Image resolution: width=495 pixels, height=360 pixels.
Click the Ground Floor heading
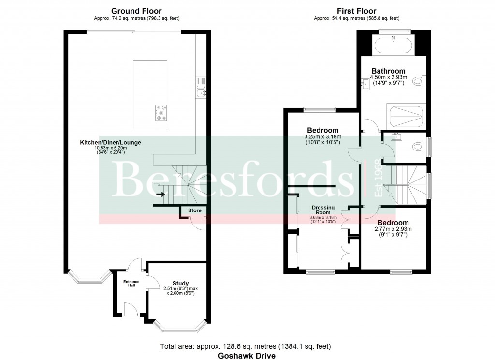[x=136, y=11]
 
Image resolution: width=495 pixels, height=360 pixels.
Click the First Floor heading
[x=356, y=11]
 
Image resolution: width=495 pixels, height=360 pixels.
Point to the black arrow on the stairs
[x=160, y=195]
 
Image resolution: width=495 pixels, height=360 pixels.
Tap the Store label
[x=194, y=210]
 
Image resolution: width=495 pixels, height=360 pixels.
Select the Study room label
[x=180, y=283]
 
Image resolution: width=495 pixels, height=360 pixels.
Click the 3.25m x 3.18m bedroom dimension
[x=319, y=137]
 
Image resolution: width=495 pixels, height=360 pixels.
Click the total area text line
[x=246, y=346]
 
